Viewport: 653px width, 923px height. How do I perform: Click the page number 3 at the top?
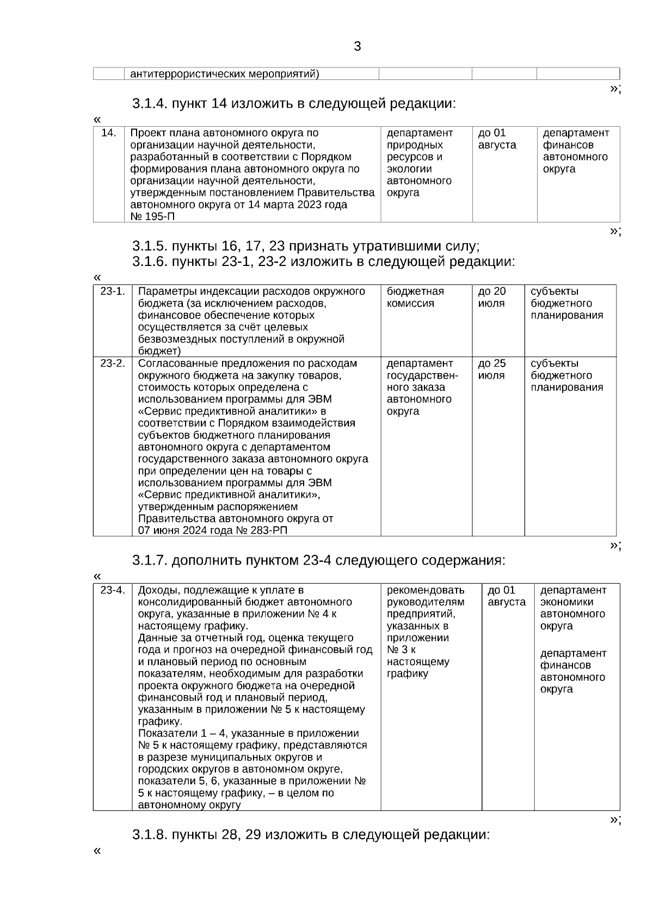357,47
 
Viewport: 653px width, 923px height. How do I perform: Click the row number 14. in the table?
109,133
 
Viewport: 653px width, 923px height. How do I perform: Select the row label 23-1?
113,292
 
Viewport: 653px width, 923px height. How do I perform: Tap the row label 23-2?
113,363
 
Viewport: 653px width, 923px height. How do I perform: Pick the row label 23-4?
113,590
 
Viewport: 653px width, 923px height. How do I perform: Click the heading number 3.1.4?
150,103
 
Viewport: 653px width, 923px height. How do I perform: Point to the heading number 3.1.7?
150,560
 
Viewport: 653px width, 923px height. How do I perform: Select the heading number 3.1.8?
150,834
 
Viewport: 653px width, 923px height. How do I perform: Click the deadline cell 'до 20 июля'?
492,298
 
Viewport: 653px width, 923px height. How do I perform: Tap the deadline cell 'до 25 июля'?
492,369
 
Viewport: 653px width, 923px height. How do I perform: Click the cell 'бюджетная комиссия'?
415,298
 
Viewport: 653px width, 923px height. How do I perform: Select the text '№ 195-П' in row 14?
153,217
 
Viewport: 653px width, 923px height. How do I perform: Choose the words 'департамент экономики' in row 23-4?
572,596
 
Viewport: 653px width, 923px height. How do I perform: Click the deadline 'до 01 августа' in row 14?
497,139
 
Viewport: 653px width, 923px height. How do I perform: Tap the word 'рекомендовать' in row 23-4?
426,590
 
